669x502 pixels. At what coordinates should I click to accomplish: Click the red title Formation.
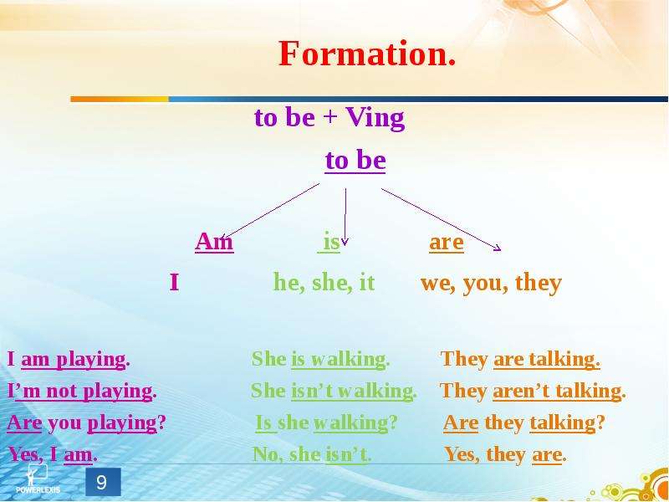367,54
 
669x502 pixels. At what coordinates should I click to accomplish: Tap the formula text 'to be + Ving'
329,118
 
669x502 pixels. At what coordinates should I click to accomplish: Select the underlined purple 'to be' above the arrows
355,161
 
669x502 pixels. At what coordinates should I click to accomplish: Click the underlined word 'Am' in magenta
214,242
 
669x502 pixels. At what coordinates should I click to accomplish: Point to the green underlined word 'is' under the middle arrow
330,242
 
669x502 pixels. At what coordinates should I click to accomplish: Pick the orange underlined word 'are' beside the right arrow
447,243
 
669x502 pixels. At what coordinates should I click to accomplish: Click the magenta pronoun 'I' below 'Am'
174,283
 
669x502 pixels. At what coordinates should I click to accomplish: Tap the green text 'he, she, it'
324,283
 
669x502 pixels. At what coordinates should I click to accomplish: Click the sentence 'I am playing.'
69,360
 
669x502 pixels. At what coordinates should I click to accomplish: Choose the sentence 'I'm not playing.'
82,391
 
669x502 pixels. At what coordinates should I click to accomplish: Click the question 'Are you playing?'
86,423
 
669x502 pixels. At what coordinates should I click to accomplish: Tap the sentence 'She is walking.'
320,359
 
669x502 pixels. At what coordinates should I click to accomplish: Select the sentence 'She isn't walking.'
334,391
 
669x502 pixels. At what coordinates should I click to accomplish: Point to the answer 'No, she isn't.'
312,454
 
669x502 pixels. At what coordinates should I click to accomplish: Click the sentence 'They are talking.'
520,360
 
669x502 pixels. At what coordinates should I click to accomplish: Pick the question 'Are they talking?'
524,423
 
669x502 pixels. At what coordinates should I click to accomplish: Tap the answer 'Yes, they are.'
506,454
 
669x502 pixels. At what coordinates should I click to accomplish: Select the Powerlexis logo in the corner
38,479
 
